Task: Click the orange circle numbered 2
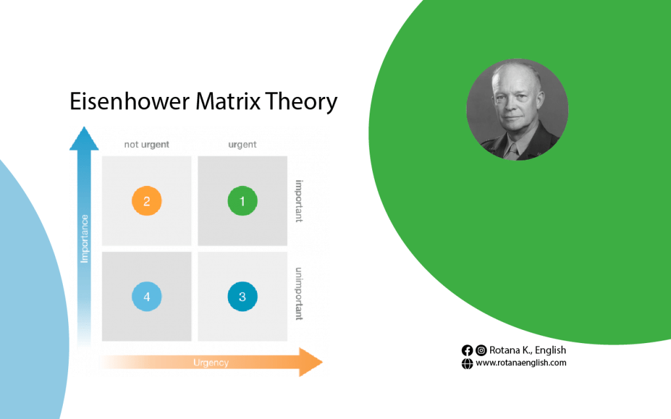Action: pos(146,201)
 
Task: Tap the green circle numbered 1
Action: pos(242,201)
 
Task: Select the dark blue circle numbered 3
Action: pos(242,297)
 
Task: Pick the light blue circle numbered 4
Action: pos(146,297)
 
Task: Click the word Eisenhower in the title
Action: pos(129,101)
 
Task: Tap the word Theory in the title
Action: pos(301,103)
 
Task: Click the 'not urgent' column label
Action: pos(146,145)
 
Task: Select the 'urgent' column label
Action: pos(242,145)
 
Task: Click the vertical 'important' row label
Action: pos(299,201)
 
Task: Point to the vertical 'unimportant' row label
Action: pos(299,294)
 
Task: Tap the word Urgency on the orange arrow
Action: pos(211,363)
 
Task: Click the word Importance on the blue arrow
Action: pos(85,238)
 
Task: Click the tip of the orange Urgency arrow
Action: pos(322,362)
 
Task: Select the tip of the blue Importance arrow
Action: pos(84,127)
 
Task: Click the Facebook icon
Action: pos(467,351)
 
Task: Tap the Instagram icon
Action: pos(481,351)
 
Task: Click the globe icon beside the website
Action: pos(467,363)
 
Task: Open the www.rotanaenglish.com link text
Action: pos(521,363)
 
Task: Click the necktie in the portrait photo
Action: pos(511,151)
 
